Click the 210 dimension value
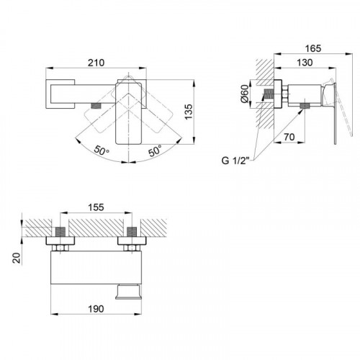96,63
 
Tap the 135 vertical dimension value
189,112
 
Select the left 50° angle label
102,150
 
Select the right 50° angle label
155,150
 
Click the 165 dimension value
313,48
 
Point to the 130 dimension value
305,63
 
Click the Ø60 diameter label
245,94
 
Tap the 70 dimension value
289,137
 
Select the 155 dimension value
96,207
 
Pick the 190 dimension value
96,309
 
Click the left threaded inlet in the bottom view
60,232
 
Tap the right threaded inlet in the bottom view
132,232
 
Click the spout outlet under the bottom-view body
127,292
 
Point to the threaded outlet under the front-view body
96,106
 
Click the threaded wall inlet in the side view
269,94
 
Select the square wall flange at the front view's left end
60,94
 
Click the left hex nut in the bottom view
60,248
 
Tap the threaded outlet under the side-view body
305,106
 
